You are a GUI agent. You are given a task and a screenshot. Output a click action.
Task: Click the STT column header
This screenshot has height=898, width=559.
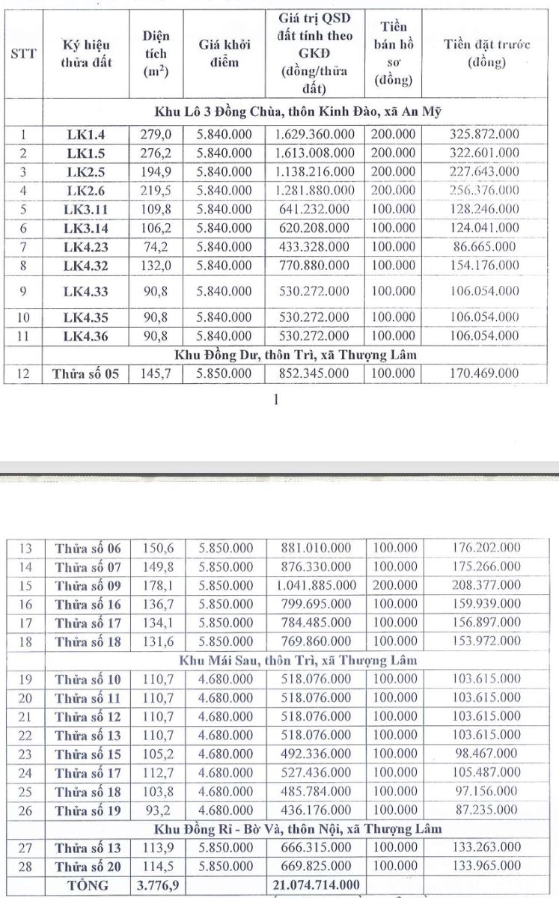[x=24, y=55]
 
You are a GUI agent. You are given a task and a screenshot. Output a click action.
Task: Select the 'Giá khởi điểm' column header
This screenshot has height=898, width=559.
[x=224, y=54]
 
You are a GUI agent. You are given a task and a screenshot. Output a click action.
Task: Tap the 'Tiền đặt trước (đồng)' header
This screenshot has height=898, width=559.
[x=486, y=53]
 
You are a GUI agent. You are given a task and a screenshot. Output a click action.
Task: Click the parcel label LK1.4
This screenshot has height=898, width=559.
[x=86, y=135]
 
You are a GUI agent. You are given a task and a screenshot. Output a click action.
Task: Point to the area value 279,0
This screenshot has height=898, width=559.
[x=156, y=135]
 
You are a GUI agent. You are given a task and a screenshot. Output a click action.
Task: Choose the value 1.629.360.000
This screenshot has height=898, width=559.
[x=314, y=135]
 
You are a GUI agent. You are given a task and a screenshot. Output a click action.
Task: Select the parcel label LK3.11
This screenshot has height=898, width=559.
[x=86, y=209]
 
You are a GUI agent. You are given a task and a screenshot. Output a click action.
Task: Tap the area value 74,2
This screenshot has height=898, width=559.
[x=156, y=245]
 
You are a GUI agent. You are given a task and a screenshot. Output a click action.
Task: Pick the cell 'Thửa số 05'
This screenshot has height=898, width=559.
[x=86, y=373]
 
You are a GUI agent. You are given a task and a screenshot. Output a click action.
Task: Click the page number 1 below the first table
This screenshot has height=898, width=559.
[x=276, y=400]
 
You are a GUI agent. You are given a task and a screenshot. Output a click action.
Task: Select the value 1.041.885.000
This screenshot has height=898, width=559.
[x=314, y=585]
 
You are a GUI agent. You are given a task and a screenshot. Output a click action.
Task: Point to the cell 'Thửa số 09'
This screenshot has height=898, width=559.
[x=88, y=585]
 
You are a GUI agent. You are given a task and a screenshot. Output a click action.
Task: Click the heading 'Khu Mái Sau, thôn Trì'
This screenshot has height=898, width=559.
[x=298, y=660]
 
